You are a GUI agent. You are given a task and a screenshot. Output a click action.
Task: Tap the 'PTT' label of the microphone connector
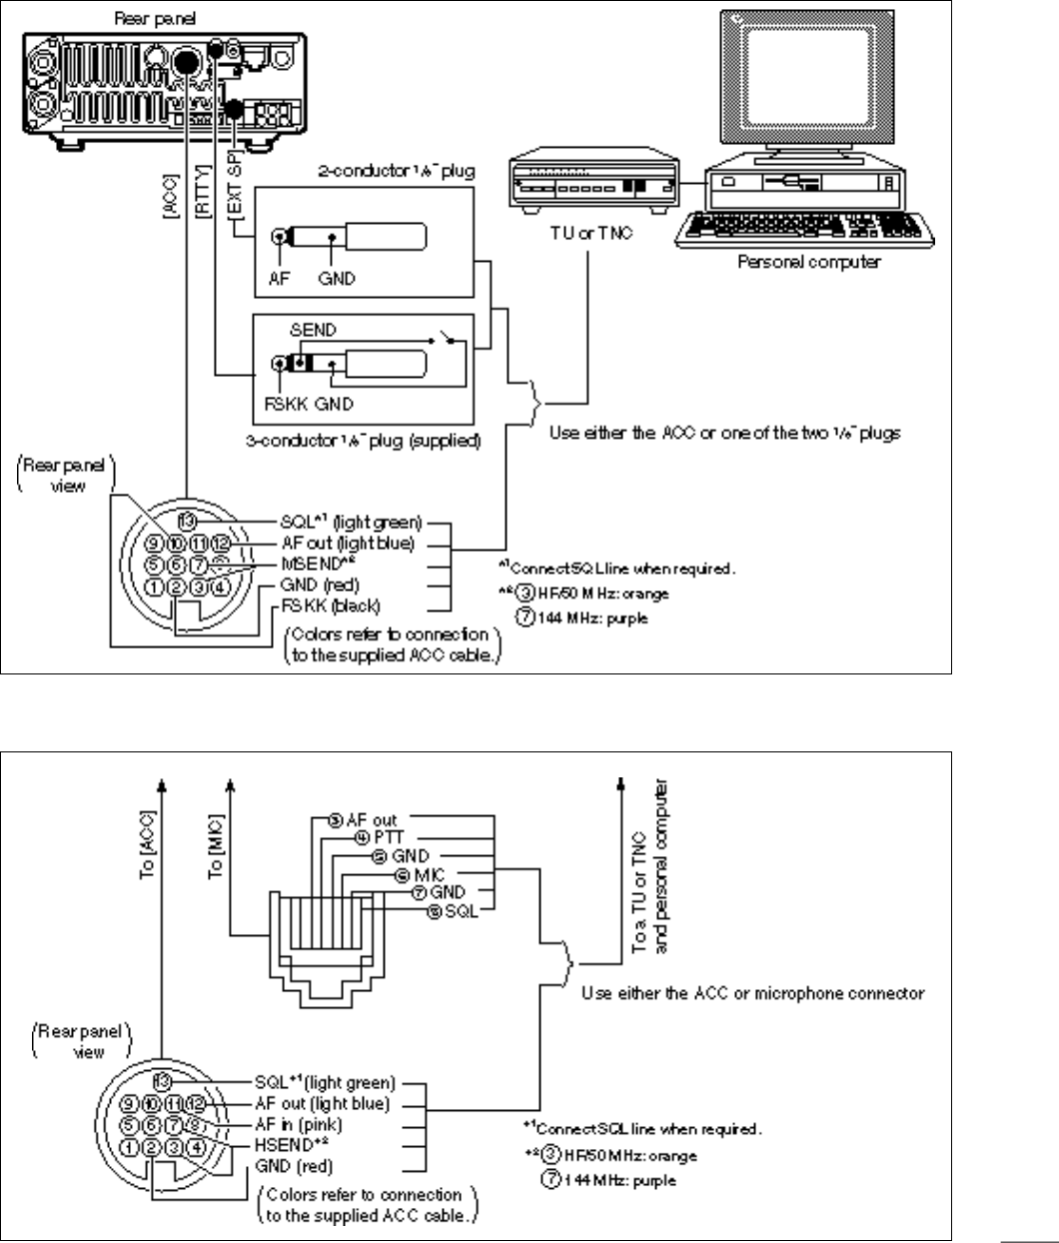tap(385, 836)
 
